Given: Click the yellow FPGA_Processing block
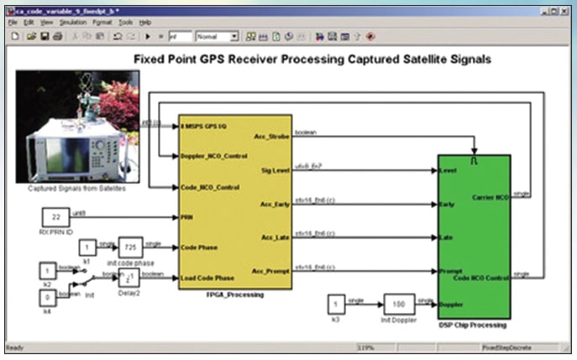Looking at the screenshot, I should coord(235,201).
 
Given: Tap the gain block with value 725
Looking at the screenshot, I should coord(129,248).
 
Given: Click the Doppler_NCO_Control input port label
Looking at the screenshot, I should coord(214,156).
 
